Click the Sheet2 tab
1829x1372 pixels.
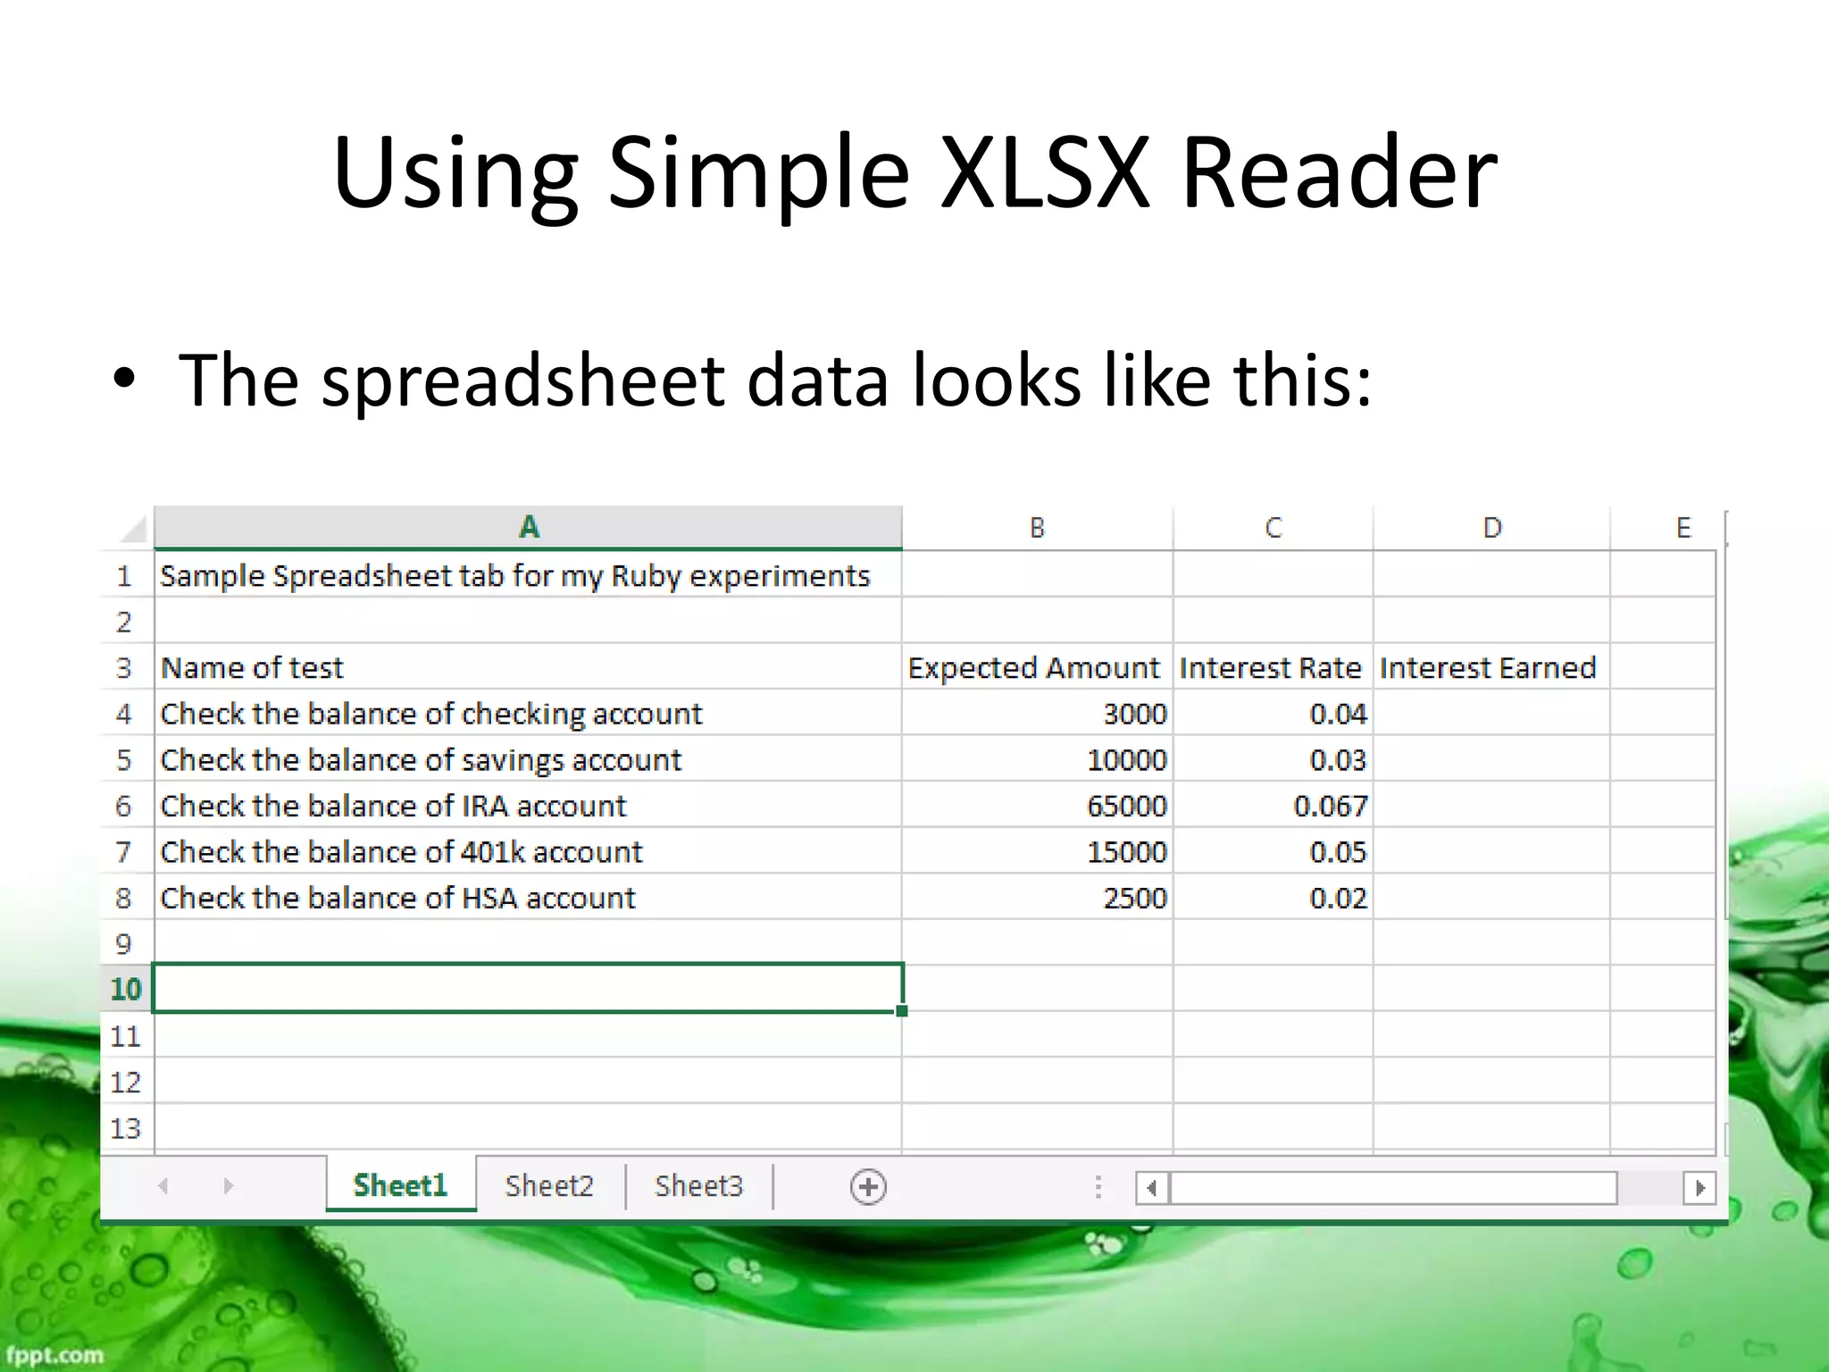(549, 1185)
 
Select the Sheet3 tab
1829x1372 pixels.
(698, 1185)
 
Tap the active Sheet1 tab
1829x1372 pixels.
(400, 1185)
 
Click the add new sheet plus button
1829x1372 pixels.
(868, 1187)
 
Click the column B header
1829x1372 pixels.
(1037, 528)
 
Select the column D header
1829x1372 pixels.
(1491, 528)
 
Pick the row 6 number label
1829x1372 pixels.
(124, 806)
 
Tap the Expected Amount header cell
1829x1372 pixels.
(1034, 668)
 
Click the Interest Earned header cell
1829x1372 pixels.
(1488, 668)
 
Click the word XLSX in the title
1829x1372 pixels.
(1045, 171)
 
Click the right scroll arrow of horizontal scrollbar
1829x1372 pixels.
(1700, 1187)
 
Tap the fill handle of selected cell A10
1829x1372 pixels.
(902, 1011)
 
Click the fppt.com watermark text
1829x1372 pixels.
(55, 1355)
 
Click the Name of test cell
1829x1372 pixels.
(252, 668)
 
